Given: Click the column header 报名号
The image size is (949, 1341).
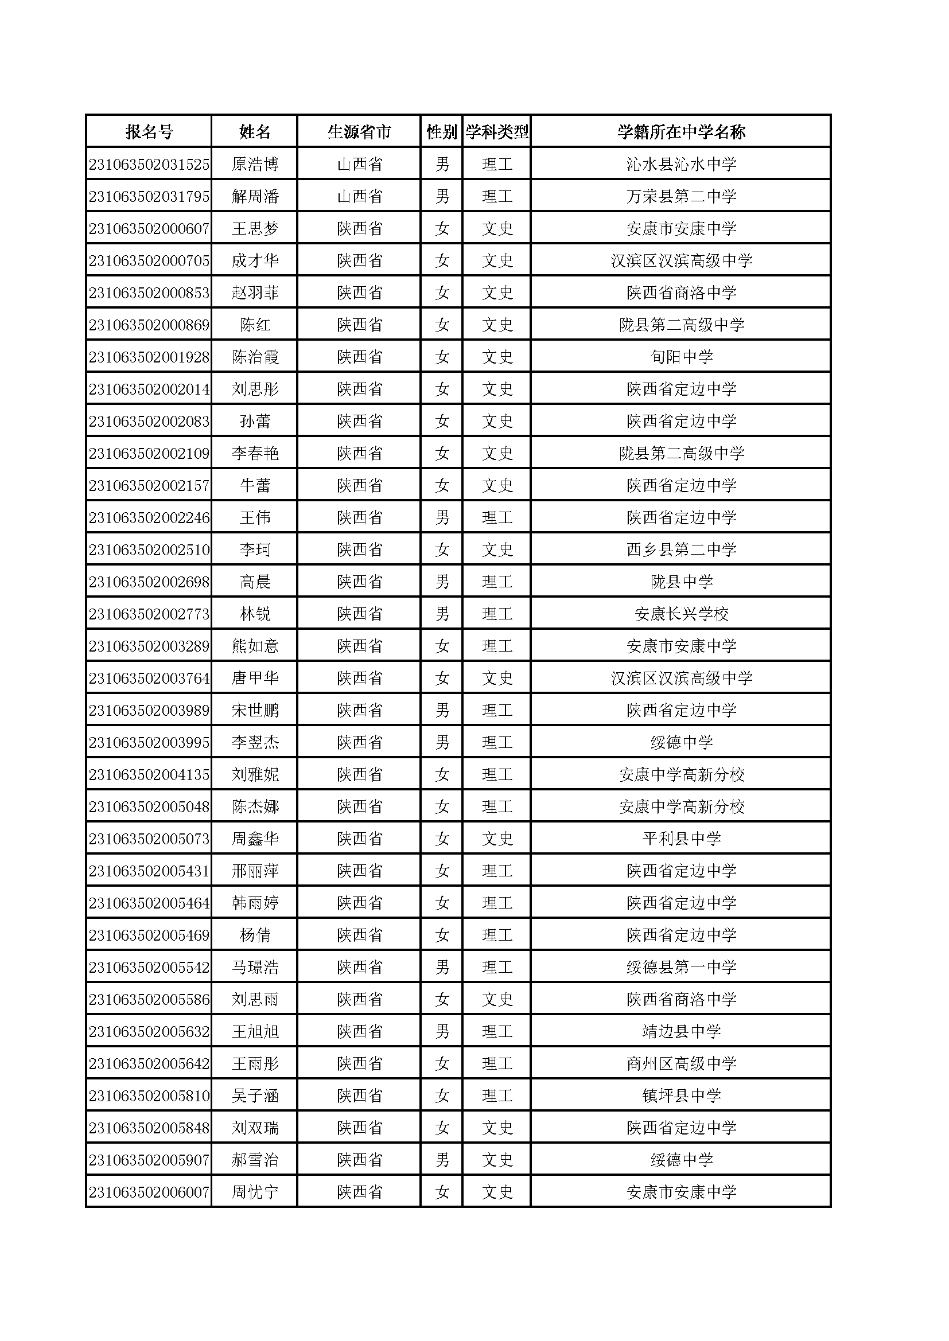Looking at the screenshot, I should (149, 132).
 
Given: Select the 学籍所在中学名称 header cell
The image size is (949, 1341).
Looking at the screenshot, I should (681, 132).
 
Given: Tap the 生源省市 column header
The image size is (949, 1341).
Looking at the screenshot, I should (359, 132).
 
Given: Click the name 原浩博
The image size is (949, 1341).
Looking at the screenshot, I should (255, 164).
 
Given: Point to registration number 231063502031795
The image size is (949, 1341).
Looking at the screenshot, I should (149, 196).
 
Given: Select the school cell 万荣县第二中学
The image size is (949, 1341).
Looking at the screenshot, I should (681, 196).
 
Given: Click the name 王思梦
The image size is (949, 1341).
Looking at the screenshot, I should (255, 228).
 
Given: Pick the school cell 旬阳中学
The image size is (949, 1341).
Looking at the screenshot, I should (681, 357).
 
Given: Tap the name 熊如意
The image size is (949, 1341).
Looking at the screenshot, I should (255, 646).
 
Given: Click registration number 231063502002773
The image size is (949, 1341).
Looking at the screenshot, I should (149, 614).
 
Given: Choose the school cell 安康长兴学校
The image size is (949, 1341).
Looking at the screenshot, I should (681, 614).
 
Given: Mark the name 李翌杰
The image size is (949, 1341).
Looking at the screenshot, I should (255, 742).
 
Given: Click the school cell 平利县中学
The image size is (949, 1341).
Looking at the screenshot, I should (681, 839).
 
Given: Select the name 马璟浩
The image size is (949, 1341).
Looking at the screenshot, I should (255, 967).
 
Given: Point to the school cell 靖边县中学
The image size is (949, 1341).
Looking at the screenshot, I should (681, 1031).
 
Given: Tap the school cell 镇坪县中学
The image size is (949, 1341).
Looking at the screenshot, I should (681, 1096).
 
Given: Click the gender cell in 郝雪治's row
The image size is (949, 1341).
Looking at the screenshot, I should (442, 1160).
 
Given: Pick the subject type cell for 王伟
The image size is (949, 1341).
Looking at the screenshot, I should (497, 517).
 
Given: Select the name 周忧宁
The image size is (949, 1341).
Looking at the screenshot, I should (255, 1192).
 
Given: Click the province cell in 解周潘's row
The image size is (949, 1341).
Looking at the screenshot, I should (359, 196).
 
